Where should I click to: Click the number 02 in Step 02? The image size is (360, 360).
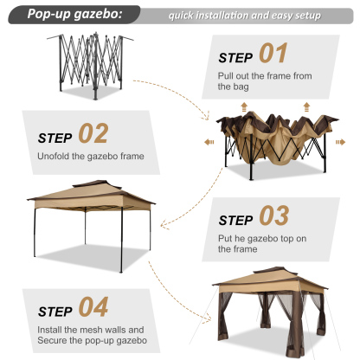93,133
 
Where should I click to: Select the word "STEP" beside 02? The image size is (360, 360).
55,136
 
